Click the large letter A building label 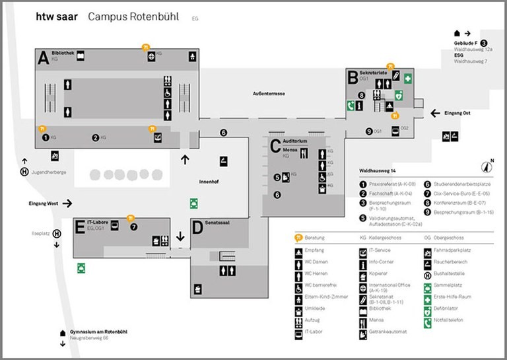click(x=44, y=58)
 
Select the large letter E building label click(x=79, y=227)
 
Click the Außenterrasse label click(x=269, y=94)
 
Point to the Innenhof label click(x=209, y=180)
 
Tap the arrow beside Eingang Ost click(x=434, y=114)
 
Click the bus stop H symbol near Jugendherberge click(x=24, y=174)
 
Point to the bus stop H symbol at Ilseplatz click(x=57, y=233)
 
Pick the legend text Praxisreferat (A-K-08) click(x=392, y=184)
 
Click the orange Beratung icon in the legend click(x=300, y=236)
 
